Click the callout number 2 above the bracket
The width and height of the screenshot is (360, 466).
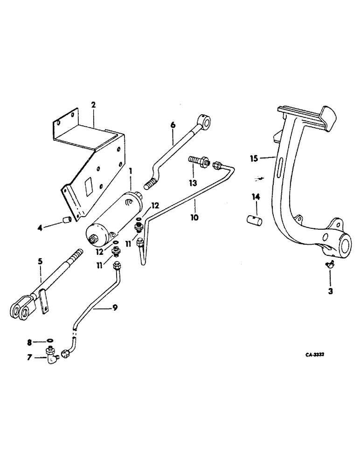[x=93, y=105]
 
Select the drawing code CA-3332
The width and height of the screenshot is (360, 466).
[x=315, y=355]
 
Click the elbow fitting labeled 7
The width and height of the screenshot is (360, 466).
[x=50, y=357]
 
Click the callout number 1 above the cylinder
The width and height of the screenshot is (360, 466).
[x=131, y=171]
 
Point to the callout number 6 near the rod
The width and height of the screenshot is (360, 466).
[x=173, y=125]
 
